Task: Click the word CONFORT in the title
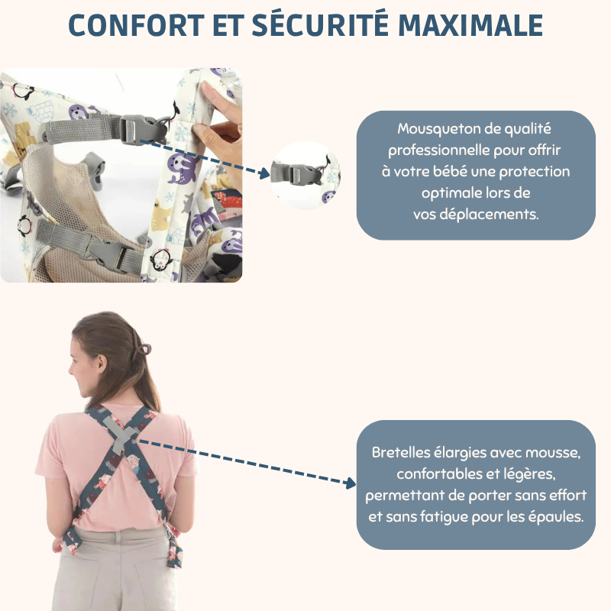(x=137, y=25)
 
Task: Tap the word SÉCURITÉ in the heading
(x=320, y=24)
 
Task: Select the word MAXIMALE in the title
(x=470, y=25)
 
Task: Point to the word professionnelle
(x=438, y=150)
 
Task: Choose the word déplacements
(x=489, y=215)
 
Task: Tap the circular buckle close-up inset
(x=306, y=176)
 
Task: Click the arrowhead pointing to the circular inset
(x=264, y=174)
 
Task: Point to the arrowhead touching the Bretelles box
(x=351, y=483)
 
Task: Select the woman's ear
(x=102, y=364)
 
